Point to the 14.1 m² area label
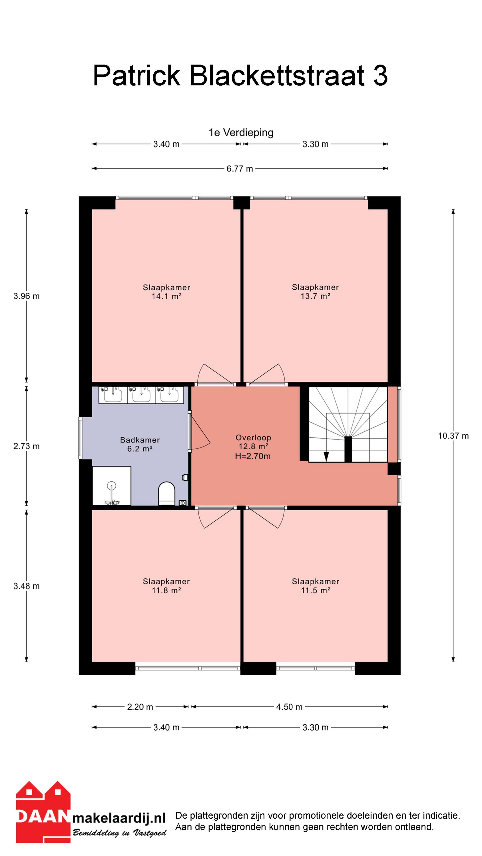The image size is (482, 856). pos(166,296)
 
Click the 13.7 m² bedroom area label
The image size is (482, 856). pos(315,296)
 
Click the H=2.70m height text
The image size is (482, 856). pos(253,456)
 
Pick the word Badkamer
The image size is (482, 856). pos(140,440)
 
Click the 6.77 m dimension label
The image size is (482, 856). pos(240,169)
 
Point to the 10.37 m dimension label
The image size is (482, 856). pos(453,436)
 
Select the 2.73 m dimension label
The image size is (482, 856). pos(27,446)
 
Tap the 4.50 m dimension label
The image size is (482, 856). pos(289,707)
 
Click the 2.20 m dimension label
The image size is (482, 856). pos(140,707)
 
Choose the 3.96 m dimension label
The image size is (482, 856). pos(27,296)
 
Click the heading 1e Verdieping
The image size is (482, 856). pos(241,133)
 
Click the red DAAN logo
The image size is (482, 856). pos(43,811)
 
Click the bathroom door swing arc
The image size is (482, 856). pos(201,432)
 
